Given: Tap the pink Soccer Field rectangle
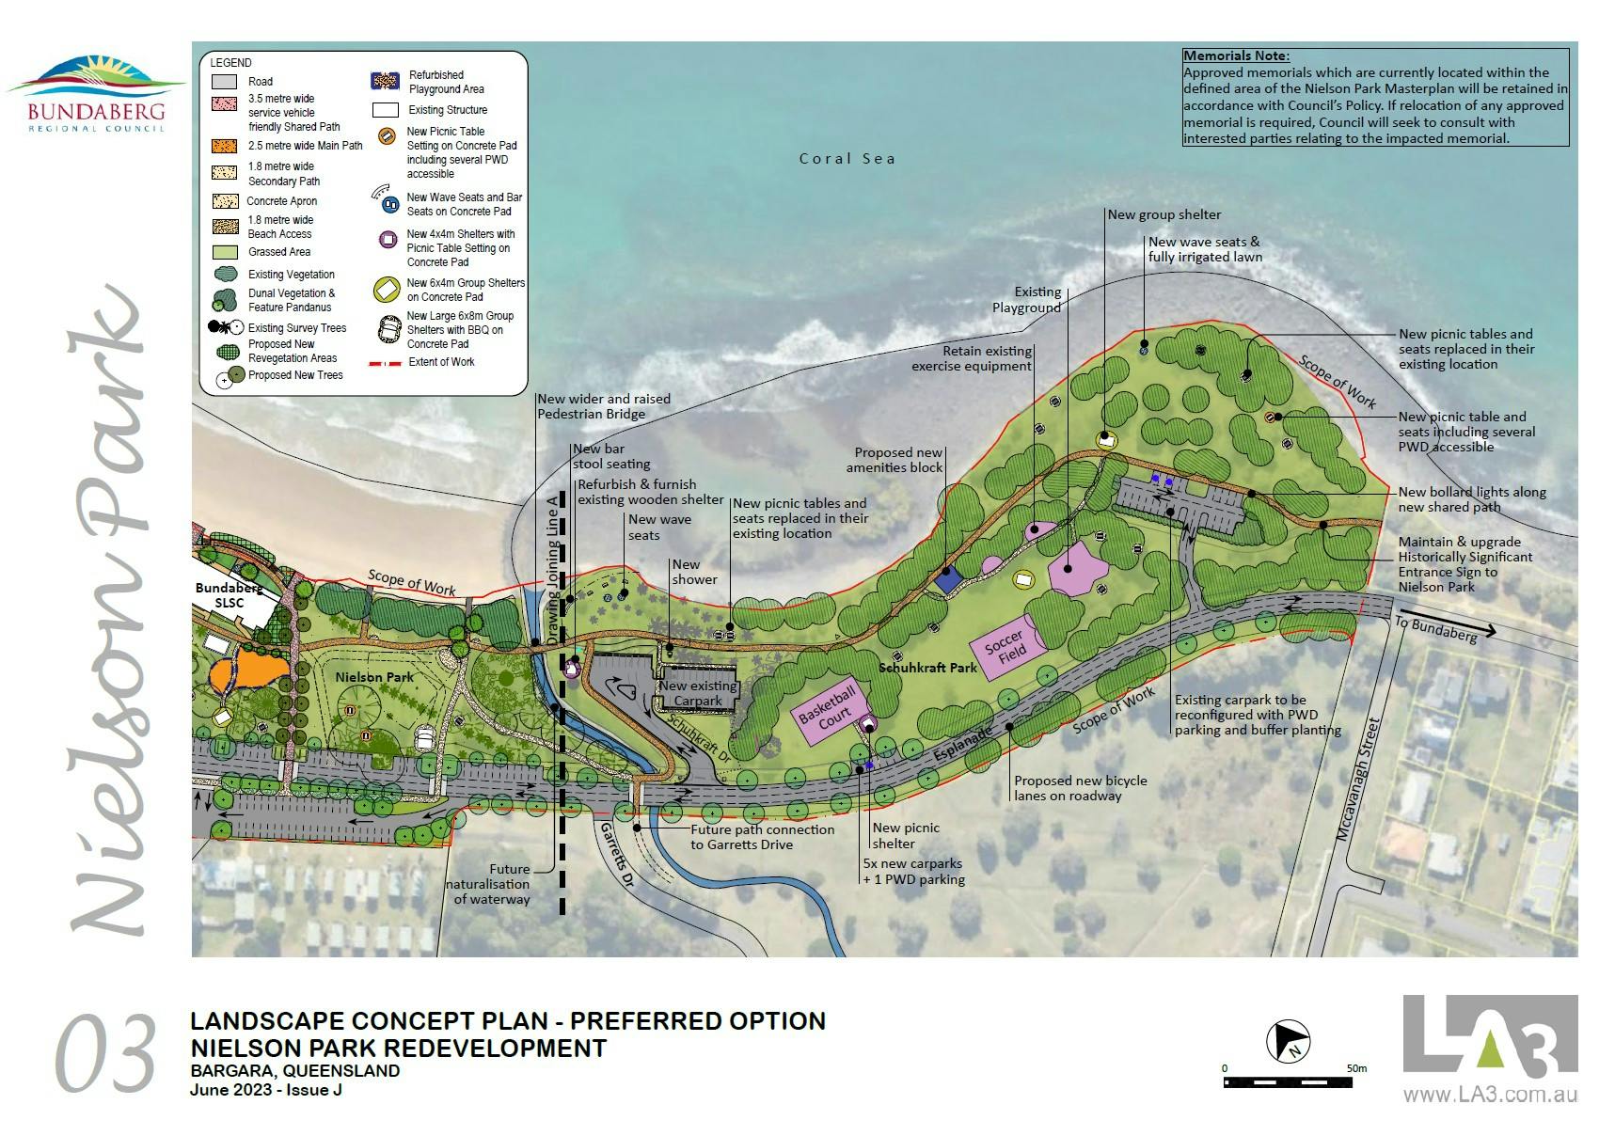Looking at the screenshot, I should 1007,647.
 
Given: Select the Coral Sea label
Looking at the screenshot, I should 847,159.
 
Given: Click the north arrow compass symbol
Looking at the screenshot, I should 1289,1041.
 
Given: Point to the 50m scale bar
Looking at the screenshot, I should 1288,1082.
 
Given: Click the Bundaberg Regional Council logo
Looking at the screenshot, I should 97,94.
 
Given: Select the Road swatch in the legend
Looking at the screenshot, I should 224,82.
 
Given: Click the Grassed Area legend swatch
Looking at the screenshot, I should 224,252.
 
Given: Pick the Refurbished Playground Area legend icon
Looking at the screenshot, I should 386,82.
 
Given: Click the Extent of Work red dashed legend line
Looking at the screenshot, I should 387,362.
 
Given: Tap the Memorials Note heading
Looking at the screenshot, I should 1236,56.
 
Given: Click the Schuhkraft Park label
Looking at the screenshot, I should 927,668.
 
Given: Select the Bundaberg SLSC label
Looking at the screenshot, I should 229,595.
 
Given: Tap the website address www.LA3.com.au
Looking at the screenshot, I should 1490,1095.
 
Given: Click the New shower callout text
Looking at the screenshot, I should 693,572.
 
